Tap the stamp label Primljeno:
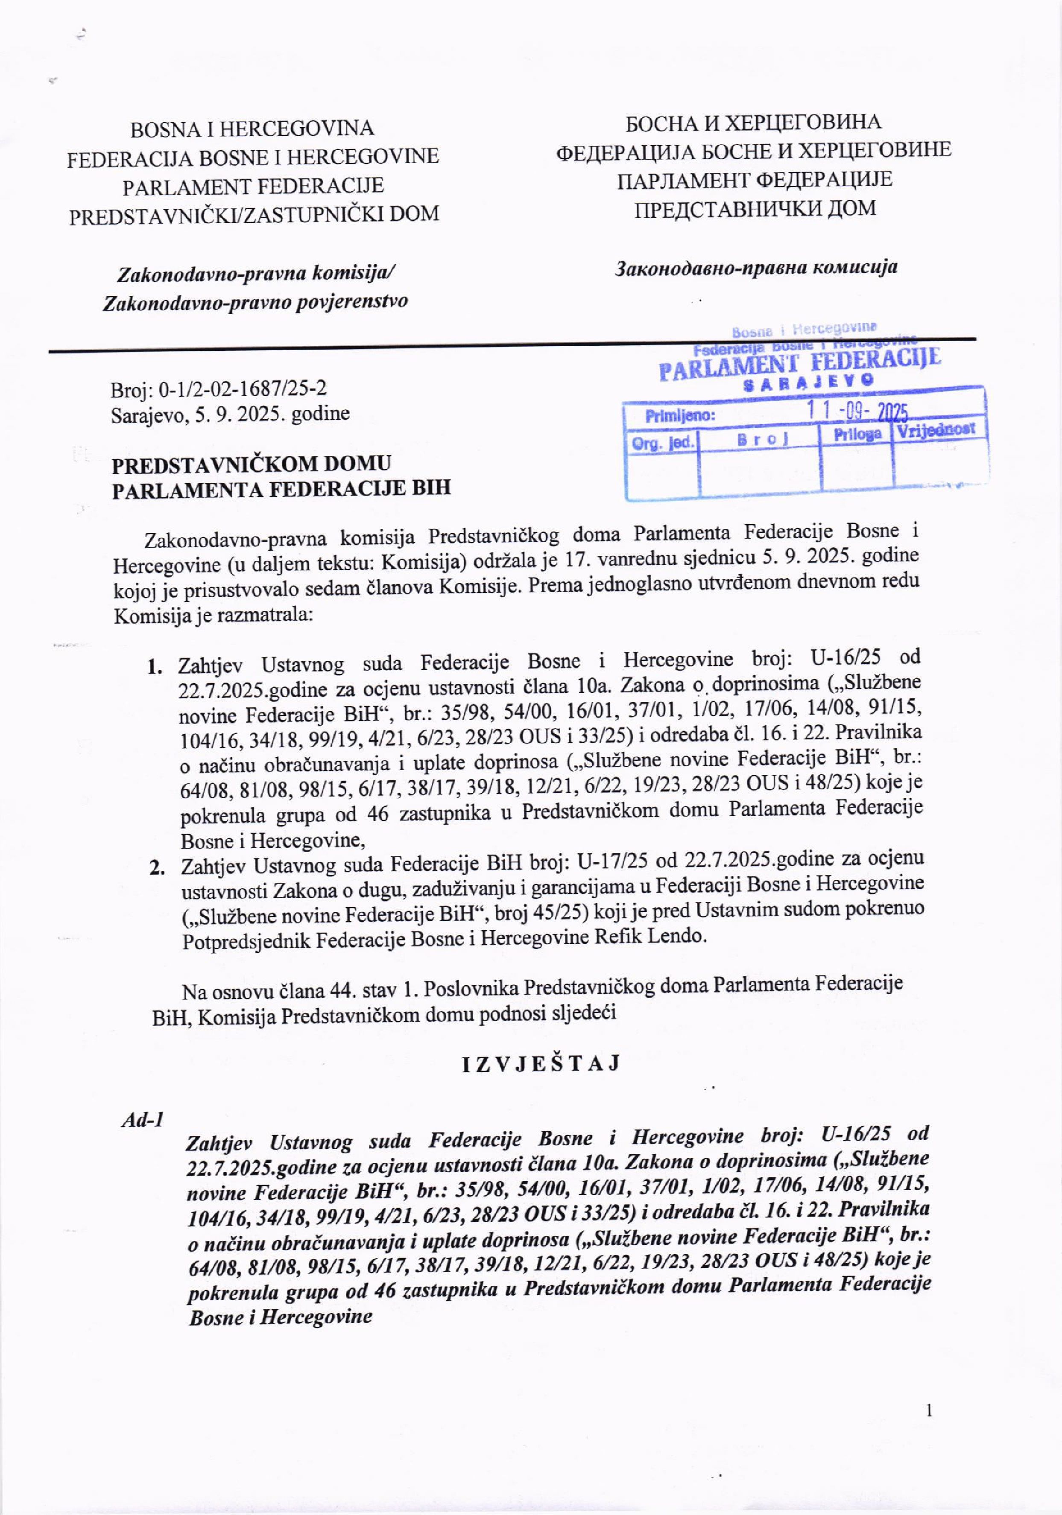[x=680, y=416]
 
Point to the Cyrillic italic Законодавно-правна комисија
[x=756, y=267]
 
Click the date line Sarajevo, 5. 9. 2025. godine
[x=230, y=414]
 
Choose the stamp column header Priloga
[x=857, y=434]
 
